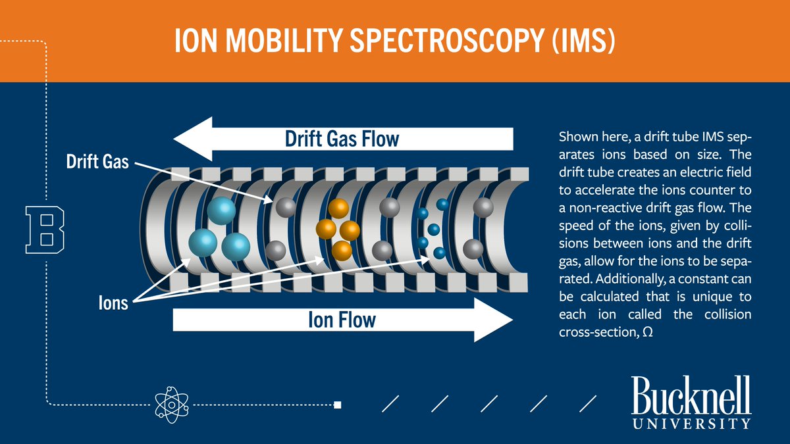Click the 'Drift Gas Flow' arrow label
[x=342, y=139]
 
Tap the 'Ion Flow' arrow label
[x=342, y=320]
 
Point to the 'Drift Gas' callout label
[x=97, y=162]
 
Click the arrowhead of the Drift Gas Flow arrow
[x=191, y=139]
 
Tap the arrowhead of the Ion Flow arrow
[x=494, y=320]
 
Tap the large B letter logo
[x=45, y=230]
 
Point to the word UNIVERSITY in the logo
[x=691, y=423]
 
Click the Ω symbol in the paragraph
[x=646, y=333]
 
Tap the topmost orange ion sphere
[x=338, y=209]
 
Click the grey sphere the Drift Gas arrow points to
[x=285, y=207]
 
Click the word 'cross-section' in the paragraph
[x=596, y=333]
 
